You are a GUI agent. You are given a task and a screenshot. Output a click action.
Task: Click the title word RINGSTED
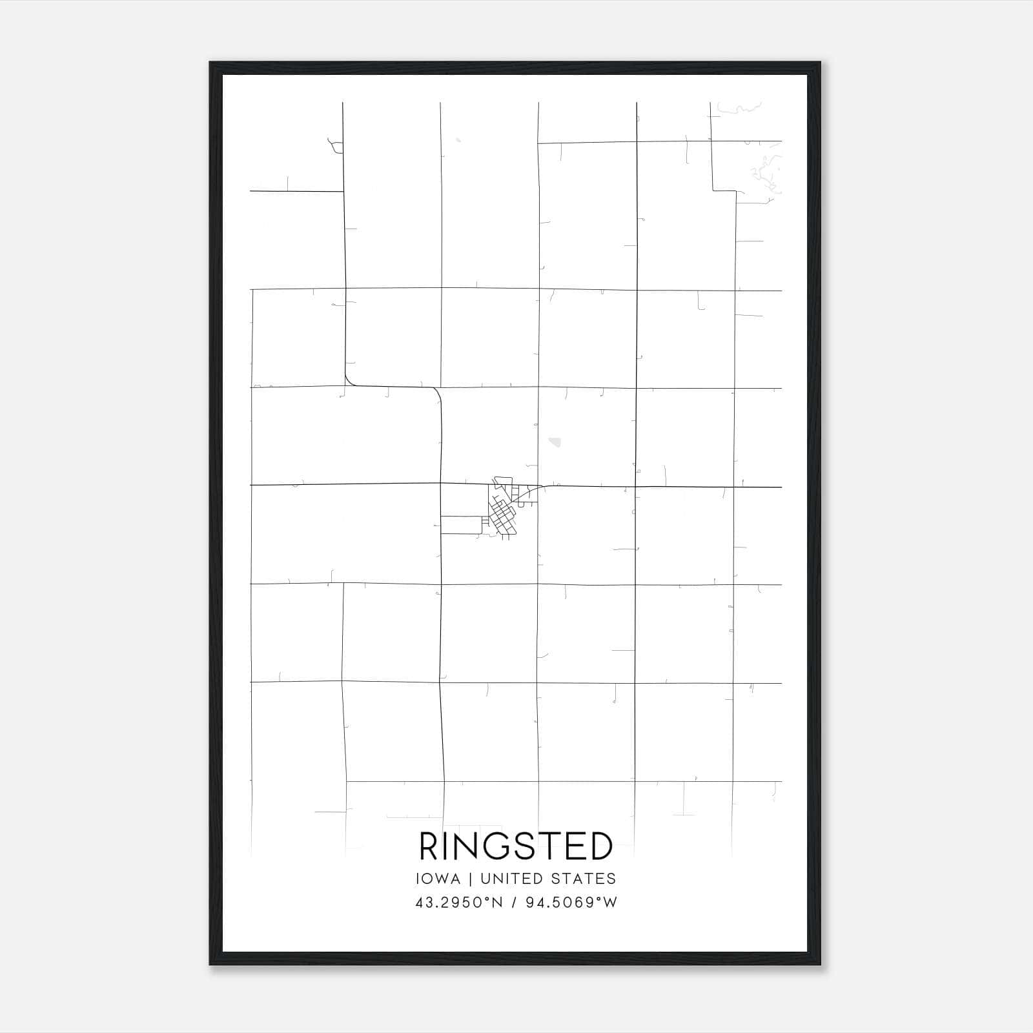[516, 846]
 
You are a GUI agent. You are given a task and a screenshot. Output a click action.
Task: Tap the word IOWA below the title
[438, 879]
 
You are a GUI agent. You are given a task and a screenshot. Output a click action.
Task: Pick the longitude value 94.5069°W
[571, 903]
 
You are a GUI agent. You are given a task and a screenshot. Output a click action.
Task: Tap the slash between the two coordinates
[514, 903]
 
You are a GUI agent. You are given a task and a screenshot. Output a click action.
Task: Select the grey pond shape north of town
[555, 442]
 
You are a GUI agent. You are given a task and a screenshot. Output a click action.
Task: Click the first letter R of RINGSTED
[429, 846]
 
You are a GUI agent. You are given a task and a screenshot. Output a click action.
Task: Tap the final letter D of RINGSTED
[602, 846]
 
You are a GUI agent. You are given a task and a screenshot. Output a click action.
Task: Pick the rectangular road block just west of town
[461, 524]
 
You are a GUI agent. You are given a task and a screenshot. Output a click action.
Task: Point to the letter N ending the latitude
[496, 903]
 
